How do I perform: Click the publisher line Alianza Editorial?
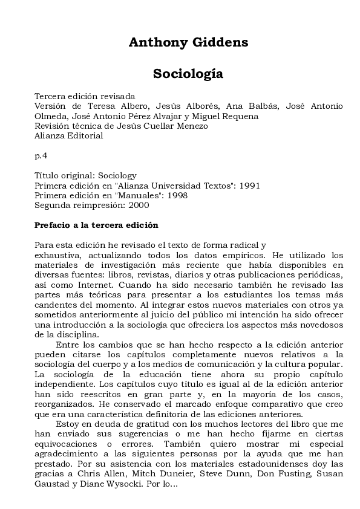pos(68,135)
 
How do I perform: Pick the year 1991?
pos(249,185)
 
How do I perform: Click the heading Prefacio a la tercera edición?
pos(96,225)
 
